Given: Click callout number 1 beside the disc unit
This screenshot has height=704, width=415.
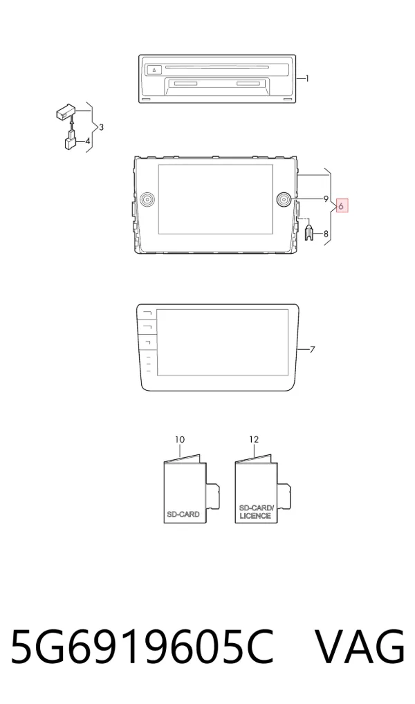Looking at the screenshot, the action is pyautogui.click(x=307, y=79).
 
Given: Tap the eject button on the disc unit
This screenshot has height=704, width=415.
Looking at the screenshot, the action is pyautogui.click(x=153, y=70).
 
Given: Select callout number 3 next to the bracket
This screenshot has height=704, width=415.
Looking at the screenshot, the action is pyautogui.click(x=101, y=127).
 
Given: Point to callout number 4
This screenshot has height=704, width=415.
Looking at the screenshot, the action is pyautogui.click(x=88, y=141).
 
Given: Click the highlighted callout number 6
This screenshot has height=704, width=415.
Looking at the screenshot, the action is pyautogui.click(x=342, y=206).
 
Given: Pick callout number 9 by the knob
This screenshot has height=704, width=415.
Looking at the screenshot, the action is pyautogui.click(x=326, y=198).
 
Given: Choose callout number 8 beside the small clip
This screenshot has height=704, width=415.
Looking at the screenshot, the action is pyautogui.click(x=326, y=234).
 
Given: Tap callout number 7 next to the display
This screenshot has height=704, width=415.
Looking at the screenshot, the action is pyautogui.click(x=313, y=349).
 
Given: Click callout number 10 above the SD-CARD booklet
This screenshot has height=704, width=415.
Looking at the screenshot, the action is pyautogui.click(x=180, y=440).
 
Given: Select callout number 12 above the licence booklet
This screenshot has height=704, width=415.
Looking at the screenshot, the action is pyautogui.click(x=254, y=440).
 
